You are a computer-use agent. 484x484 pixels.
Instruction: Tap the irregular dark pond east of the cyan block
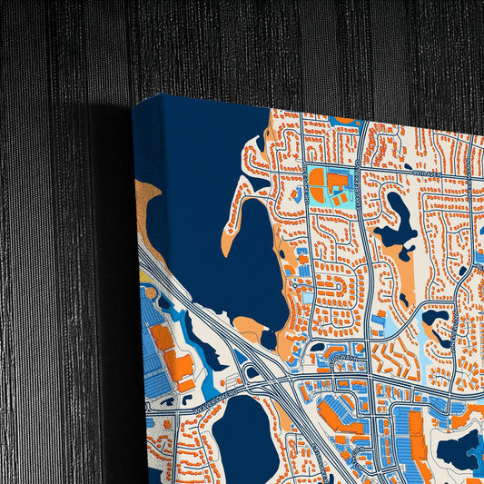point(398,223)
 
